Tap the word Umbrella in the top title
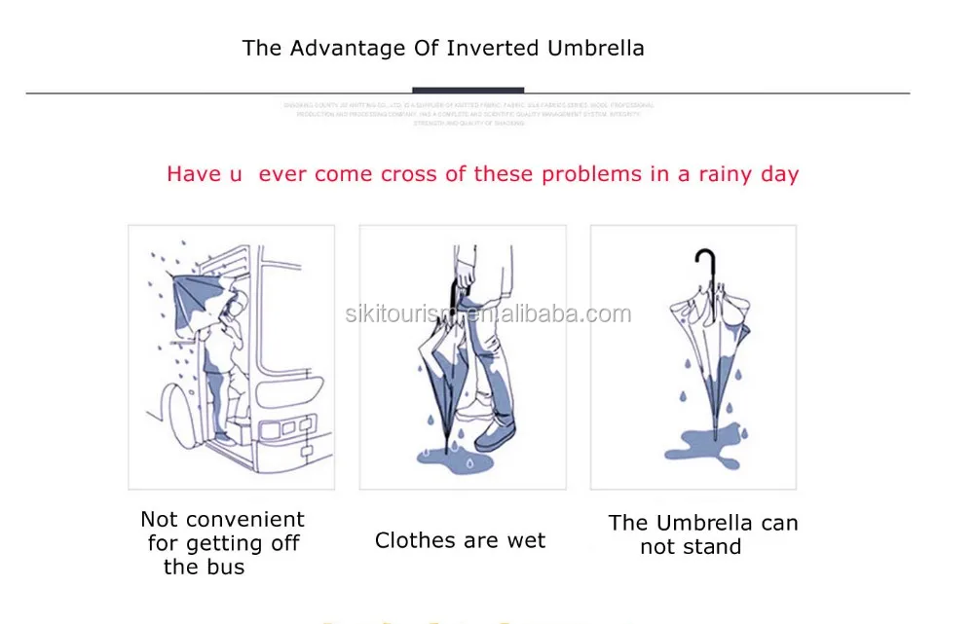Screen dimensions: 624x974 click(x=596, y=48)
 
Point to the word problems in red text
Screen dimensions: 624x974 click(x=580, y=174)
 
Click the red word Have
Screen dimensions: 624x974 click(x=193, y=174)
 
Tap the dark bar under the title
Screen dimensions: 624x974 click(x=468, y=91)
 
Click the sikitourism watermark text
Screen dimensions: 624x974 click(x=488, y=313)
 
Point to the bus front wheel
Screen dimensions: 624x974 click(x=177, y=414)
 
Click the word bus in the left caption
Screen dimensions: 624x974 click(x=225, y=568)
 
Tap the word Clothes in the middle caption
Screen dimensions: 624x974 click(x=413, y=541)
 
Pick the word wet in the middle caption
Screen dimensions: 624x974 click(x=526, y=541)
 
